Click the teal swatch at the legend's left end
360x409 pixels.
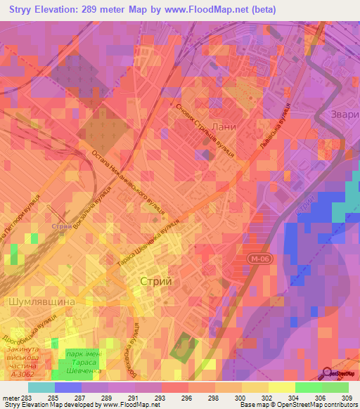click(41, 387)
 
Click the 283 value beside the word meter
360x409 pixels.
click(27, 398)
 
